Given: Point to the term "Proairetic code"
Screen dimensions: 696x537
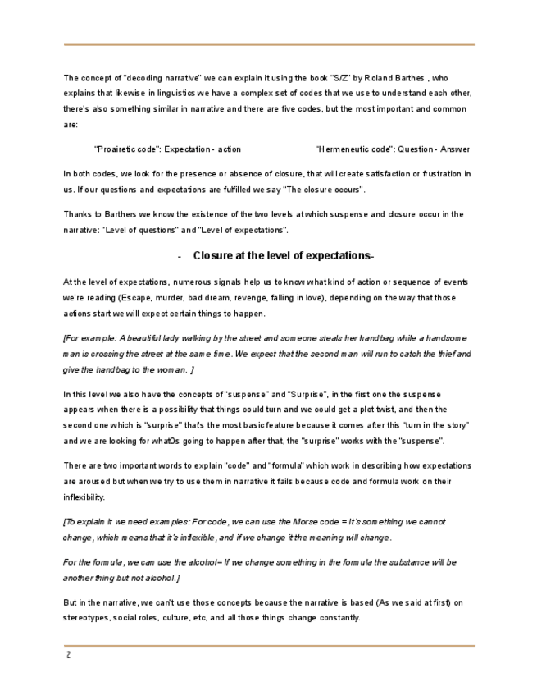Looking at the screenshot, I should (x=128, y=149).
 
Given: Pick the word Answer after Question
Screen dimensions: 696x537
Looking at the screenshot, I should (x=455, y=149).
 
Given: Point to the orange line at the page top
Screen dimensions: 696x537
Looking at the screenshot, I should (x=268, y=44).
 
